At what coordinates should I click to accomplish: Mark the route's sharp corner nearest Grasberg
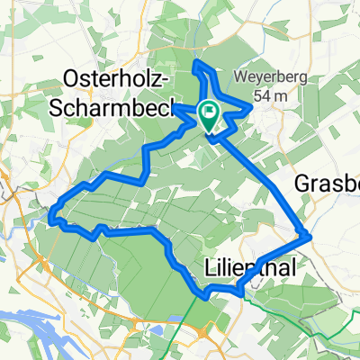click(x=310, y=236)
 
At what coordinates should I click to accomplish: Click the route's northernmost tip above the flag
click(x=197, y=62)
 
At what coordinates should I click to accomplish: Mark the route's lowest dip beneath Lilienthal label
click(x=206, y=293)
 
